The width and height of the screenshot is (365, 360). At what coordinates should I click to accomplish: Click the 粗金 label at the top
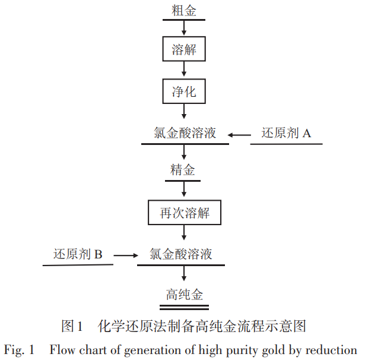tap(184, 10)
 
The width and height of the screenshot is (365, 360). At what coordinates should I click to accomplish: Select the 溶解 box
tap(184, 50)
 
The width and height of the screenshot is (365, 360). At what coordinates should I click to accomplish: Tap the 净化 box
tap(184, 92)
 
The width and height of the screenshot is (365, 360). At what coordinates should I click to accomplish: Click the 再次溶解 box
tap(185, 212)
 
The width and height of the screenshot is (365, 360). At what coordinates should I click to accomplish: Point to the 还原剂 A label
tap(286, 133)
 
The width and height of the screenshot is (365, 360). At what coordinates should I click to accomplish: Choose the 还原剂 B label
tap(78, 254)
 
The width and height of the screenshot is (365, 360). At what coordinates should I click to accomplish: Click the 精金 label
tap(183, 170)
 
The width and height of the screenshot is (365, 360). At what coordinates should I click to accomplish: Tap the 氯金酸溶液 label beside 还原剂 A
tap(185, 133)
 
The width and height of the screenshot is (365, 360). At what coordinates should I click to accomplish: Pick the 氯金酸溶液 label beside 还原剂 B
tap(181, 254)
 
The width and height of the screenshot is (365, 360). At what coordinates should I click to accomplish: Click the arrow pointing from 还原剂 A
tap(240, 135)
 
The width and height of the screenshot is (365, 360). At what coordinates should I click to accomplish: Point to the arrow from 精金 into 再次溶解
tap(184, 190)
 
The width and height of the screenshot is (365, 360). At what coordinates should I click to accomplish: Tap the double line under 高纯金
tap(184, 307)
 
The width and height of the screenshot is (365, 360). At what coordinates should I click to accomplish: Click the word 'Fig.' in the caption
tap(16, 349)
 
